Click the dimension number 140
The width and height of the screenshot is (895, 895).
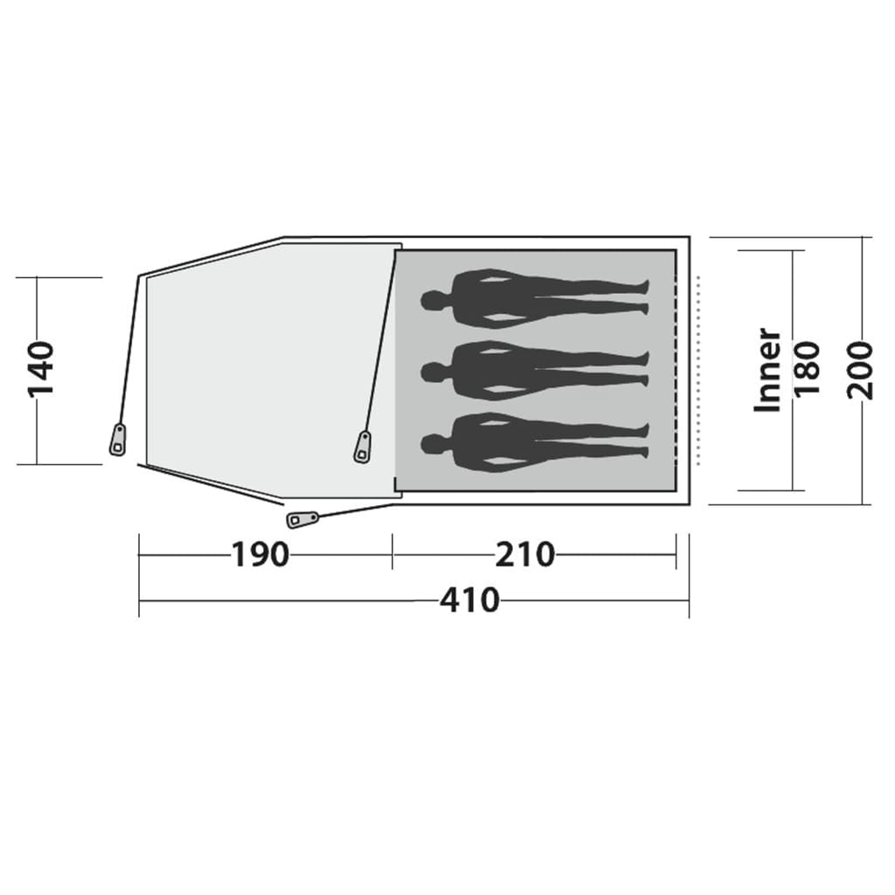[x=40, y=370]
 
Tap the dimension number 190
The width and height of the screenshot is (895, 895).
[x=260, y=554]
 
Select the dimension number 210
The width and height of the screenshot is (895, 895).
[x=524, y=554]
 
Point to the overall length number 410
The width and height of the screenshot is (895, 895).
[x=469, y=600]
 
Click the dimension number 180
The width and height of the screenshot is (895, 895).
[x=807, y=370]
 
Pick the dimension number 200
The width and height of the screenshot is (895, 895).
[x=861, y=370]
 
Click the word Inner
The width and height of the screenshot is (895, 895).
[x=767, y=370]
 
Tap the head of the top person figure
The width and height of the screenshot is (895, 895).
[x=434, y=300]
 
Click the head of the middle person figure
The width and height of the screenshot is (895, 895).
[x=434, y=372]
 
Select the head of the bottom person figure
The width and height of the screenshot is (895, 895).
[x=434, y=444]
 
